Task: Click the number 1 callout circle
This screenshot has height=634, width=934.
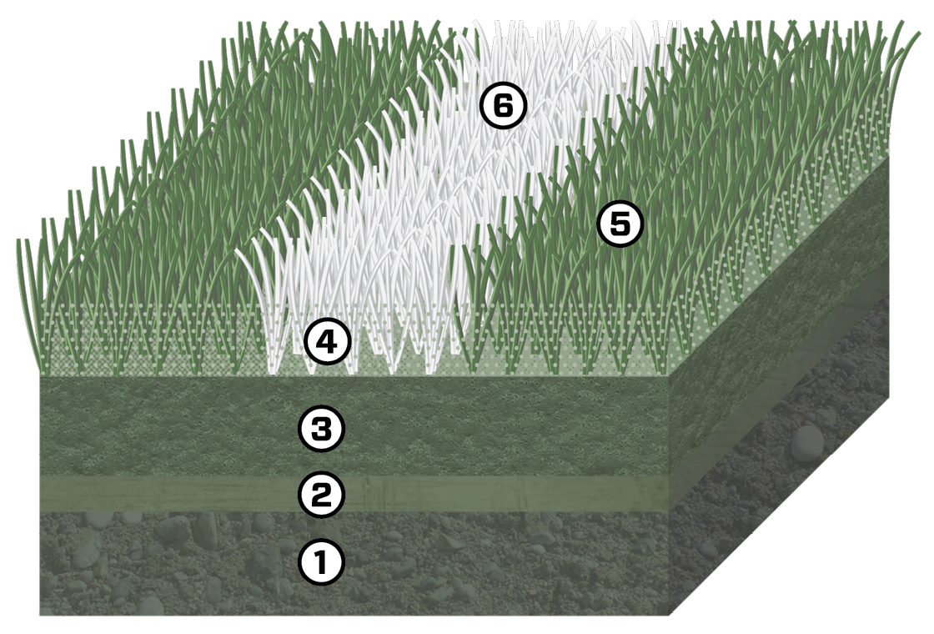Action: tap(321, 563)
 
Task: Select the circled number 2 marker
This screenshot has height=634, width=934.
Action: tap(321, 496)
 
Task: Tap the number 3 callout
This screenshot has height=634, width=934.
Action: tap(321, 429)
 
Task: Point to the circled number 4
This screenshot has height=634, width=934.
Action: tap(327, 342)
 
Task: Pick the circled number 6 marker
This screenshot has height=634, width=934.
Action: tap(502, 107)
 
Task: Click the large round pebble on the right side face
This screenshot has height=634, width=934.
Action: tap(806, 442)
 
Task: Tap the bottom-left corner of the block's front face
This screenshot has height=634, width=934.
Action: tap(41, 615)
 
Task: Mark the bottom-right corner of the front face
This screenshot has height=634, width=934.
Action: tap(670, 615)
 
